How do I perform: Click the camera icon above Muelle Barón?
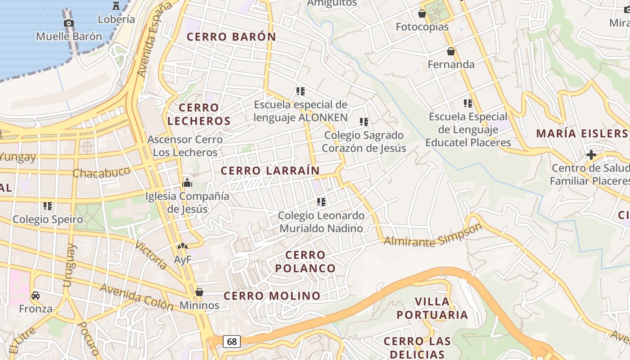[69, 23]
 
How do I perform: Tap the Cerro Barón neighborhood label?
[231, 37]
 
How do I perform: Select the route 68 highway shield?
[232, 342]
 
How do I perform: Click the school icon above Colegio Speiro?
[48, 206]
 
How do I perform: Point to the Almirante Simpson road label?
[433, 236]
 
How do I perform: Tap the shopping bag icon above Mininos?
[199, 292]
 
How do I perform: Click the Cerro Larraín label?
[270, 171]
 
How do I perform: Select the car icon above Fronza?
[36, 296]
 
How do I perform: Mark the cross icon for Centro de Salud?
[591, 155]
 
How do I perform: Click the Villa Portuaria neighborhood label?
[432, 308]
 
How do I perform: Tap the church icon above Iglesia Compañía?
[187, 183]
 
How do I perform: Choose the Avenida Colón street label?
[137, 297]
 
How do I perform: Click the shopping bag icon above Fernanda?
[451, 51]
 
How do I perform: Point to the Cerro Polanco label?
[306, 261]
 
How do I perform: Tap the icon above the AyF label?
[183, 247]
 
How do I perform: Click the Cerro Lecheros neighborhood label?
[199, 114]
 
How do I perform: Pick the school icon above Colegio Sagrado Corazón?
[364, 121]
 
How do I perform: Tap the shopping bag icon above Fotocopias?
[422, 13]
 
